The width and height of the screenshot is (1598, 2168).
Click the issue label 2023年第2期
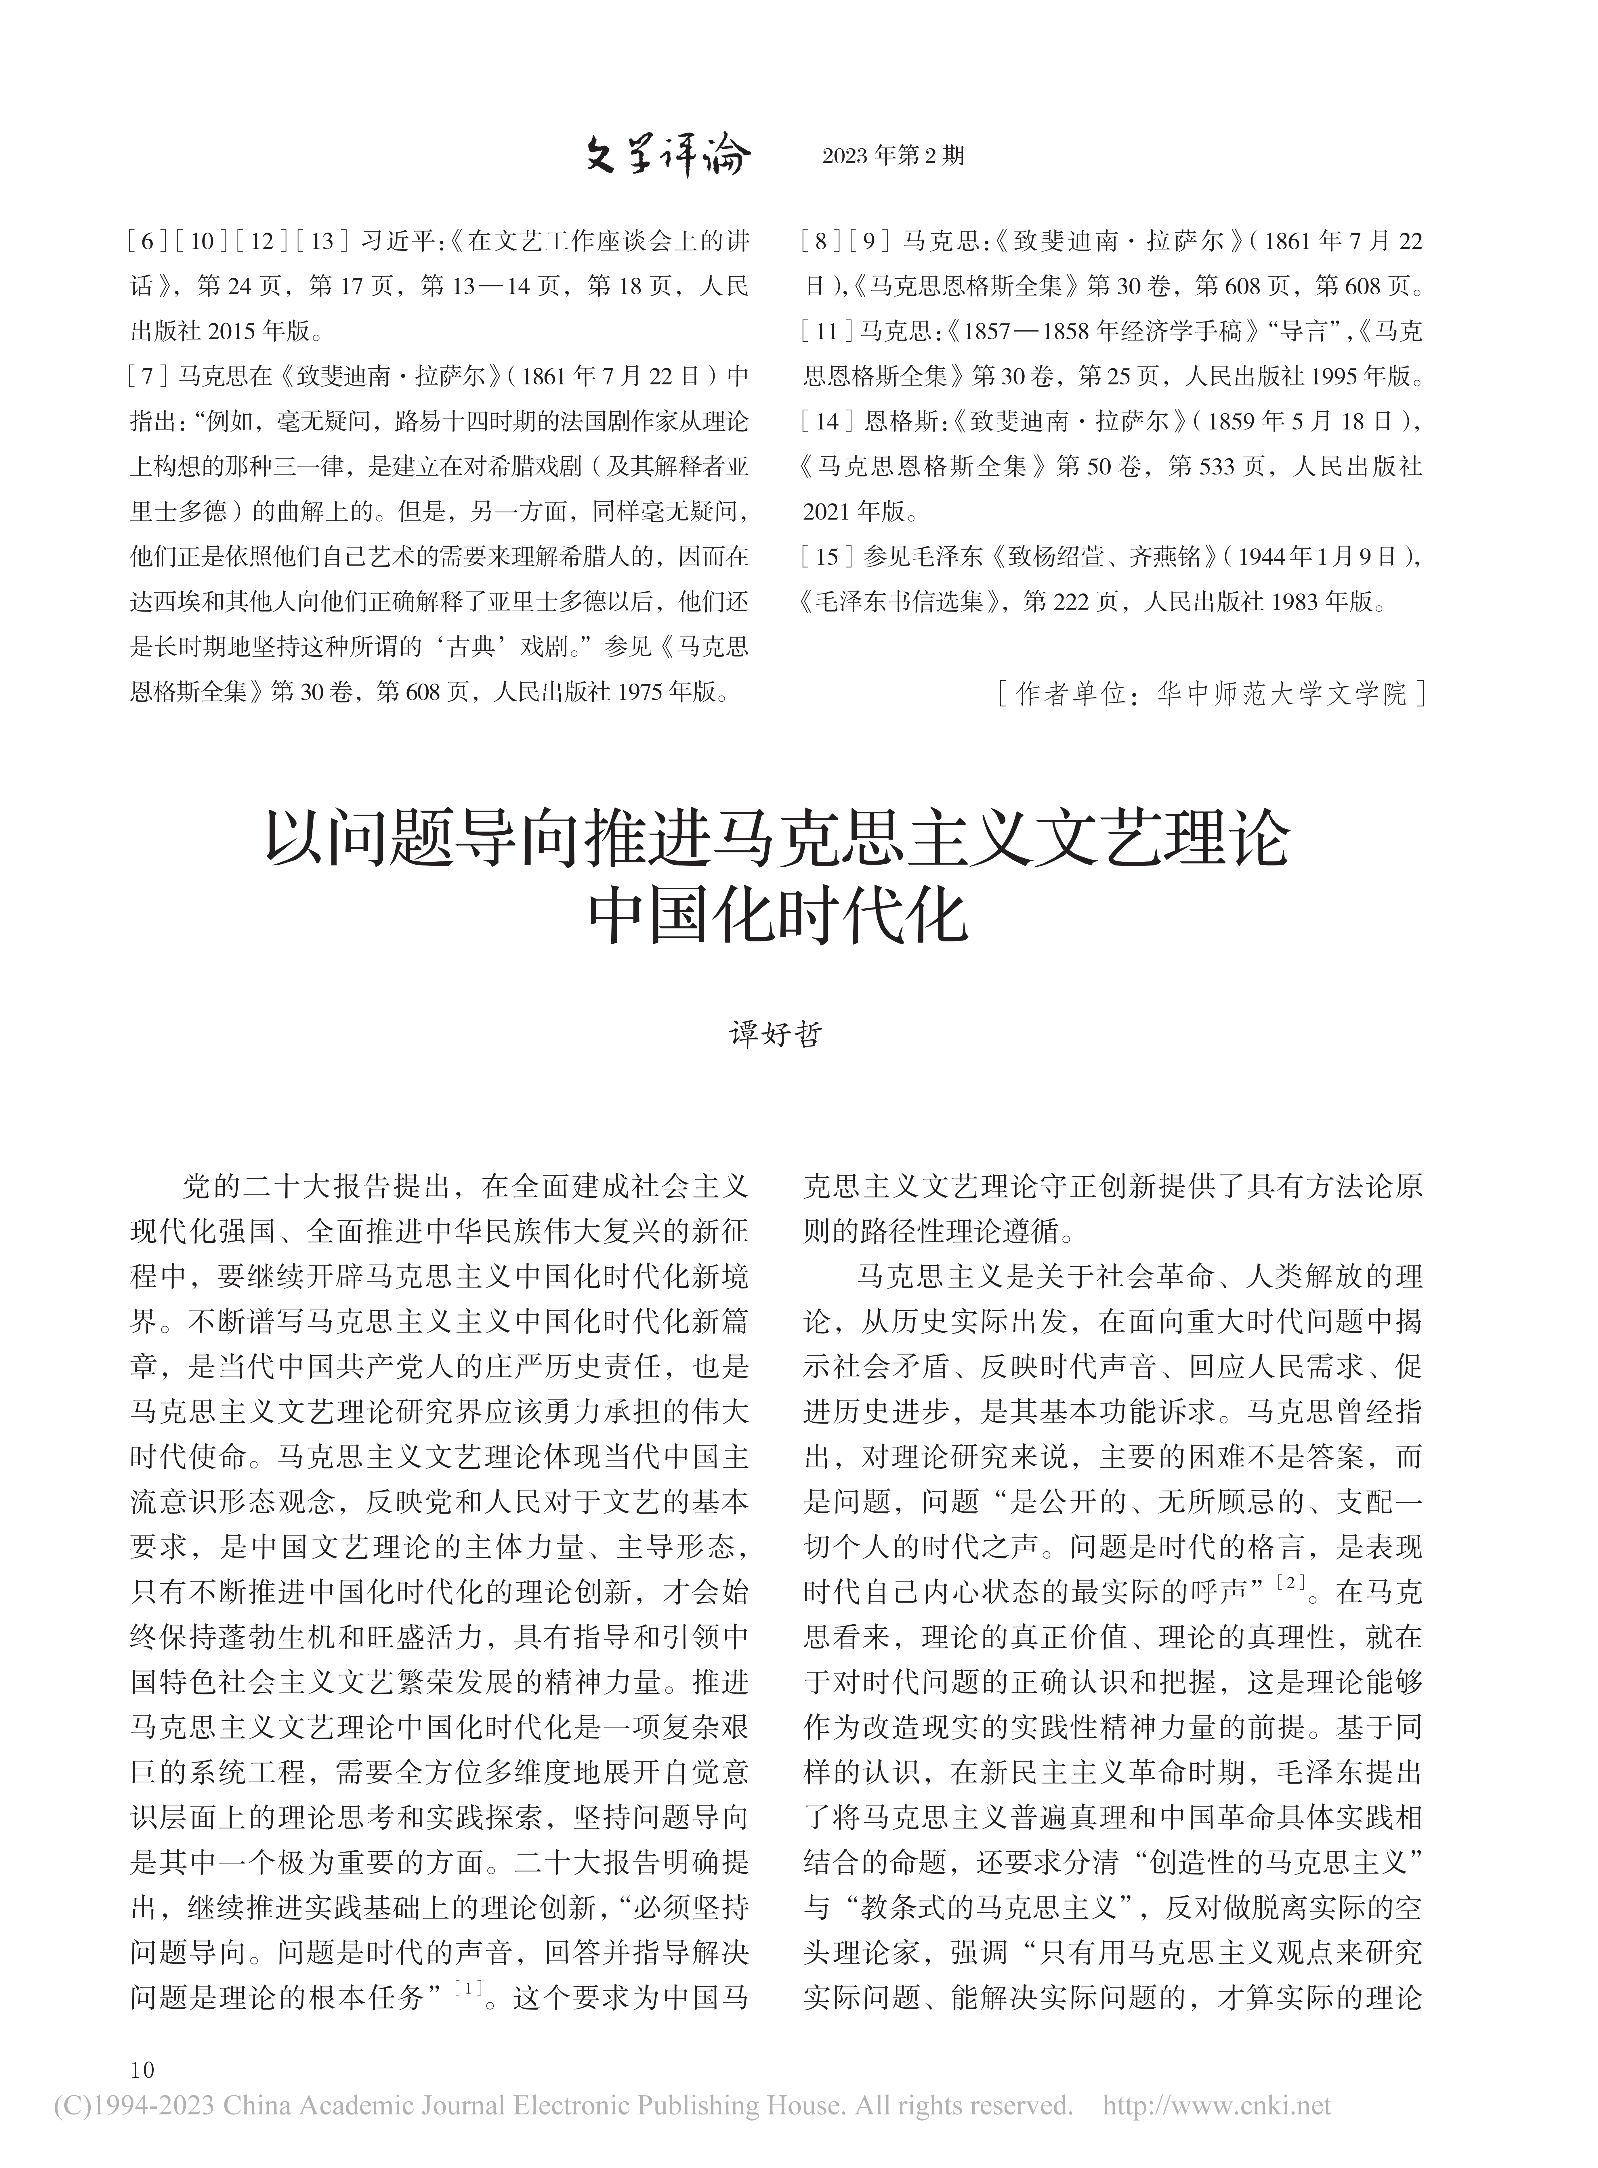pos(893,157)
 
